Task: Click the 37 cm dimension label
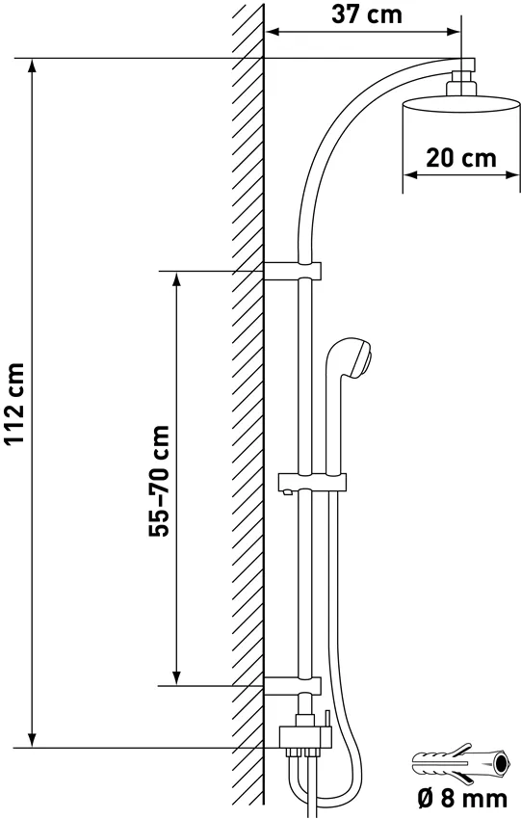367,14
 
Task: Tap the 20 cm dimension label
461,158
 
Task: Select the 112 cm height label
13,403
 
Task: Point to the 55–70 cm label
159,481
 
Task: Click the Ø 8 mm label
462,799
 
